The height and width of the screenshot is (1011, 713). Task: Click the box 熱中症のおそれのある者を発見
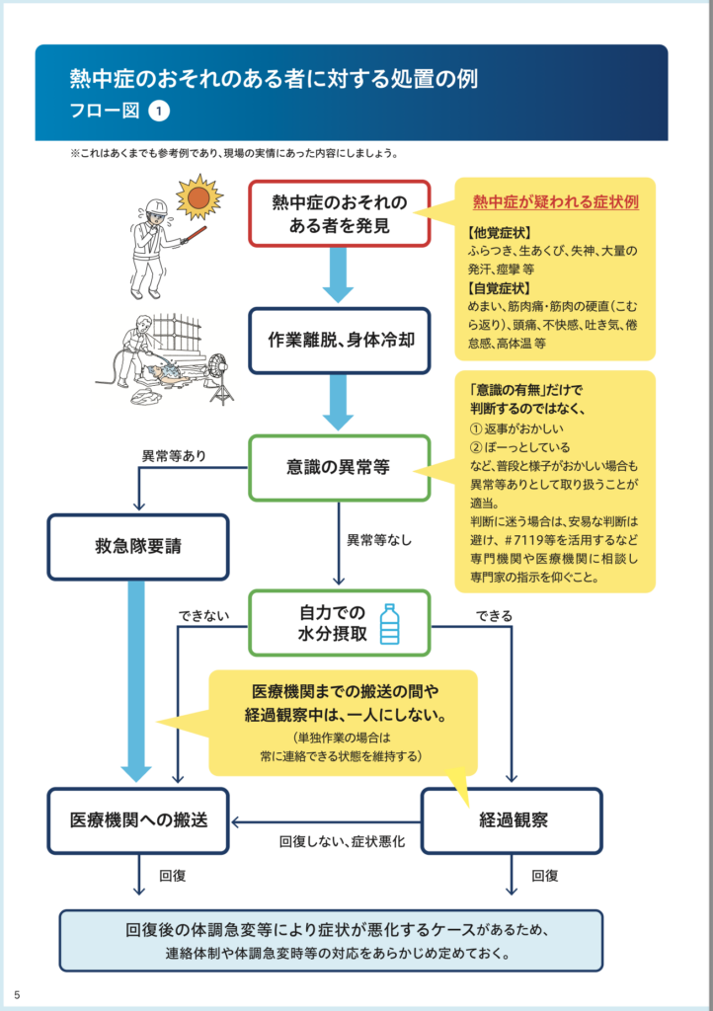[x=339, y=213]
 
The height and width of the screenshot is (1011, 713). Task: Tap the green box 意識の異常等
[x=339, y=467]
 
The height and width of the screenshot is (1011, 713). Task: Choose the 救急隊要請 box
[x=137, y=546]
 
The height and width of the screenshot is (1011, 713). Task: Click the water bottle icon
[x=389, y=623]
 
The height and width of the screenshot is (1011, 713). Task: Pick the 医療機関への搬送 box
[x=137, y=820]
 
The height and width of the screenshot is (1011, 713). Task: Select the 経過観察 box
[x=512, y=820]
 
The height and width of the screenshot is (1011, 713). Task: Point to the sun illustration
[x=199, y=197]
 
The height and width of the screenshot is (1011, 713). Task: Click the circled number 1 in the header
[x=159, y=112]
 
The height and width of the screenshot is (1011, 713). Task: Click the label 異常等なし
[x=379, y=541]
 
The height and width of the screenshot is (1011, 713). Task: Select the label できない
[x=203, y=616]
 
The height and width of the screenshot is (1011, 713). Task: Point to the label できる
[x=494, y=616]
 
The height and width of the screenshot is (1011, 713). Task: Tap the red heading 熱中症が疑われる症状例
[x=555, y=202]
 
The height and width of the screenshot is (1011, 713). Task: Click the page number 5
[x=17, y=993]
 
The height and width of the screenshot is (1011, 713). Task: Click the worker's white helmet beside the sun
[x=156, y=207]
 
